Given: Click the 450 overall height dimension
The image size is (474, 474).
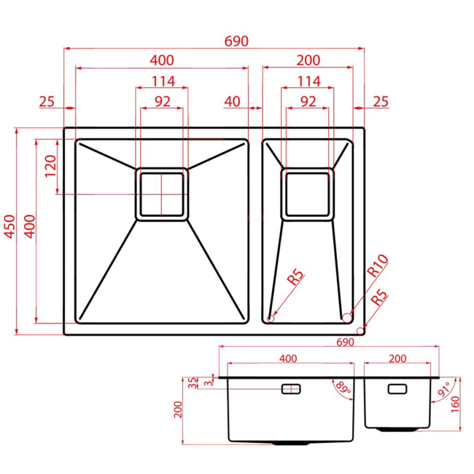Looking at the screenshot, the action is click(9, 226).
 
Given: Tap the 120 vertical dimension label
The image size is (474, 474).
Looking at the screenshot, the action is click(51, 166).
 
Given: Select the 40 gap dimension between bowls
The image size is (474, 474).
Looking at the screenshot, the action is click(232, 101).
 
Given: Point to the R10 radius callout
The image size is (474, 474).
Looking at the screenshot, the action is click(377, 265).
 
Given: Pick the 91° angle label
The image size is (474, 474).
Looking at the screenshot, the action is click(444, 389).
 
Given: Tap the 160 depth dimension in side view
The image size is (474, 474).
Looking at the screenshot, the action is click(455, 405).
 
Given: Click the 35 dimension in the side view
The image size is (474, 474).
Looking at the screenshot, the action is click(192, 383).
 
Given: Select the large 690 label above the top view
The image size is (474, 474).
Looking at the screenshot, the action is click(236, 41).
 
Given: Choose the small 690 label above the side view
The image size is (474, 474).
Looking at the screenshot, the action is click(345, 342).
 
